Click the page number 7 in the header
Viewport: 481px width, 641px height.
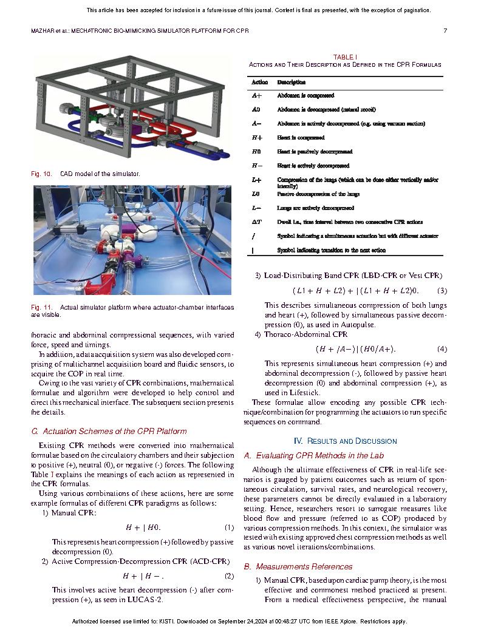click(445, 30)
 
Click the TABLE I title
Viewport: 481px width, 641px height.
click(344, 56)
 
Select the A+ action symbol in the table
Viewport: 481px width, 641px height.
click(257, 96)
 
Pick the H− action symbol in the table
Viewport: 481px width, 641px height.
click(257, 166)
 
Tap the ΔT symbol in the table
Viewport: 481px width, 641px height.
click(258, 222)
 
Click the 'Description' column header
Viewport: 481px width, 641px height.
click(292, 82)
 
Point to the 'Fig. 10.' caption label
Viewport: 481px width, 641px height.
click(41, 174)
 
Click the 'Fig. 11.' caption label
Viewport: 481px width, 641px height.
click(41, 308)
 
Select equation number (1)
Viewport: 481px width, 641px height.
click(229, 527)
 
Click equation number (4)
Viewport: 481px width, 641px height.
click(442, 349)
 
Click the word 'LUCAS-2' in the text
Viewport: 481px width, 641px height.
click(145, 600)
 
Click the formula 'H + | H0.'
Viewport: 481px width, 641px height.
click(143, 527)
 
